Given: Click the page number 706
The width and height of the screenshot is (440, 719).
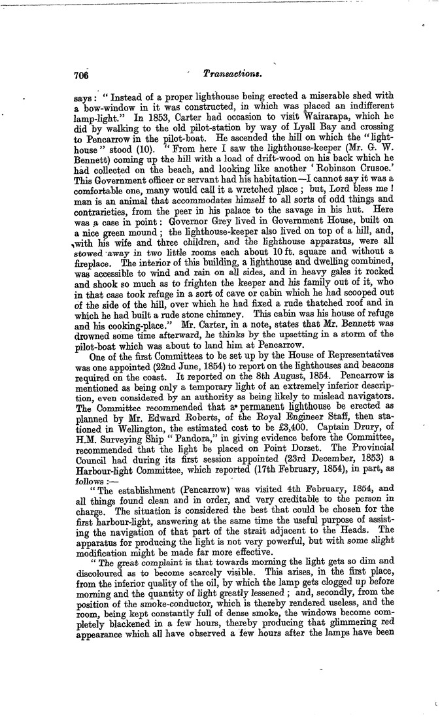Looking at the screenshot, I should pos(83,75).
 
